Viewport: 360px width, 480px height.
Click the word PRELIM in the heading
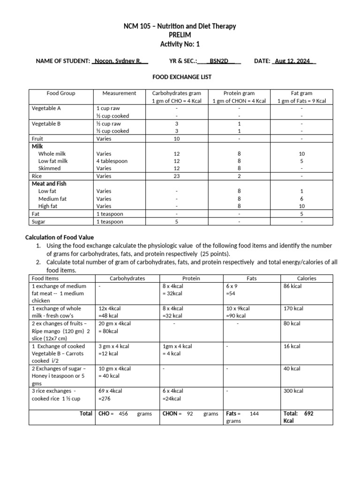(x=180, y=35)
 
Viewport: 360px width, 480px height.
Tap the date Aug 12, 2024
(x=292, y=61)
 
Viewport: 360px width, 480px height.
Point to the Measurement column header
(x=119, y=93)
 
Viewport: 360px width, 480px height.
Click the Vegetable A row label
(x=46, y=108)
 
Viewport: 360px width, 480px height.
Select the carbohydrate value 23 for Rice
(x=177, y=176)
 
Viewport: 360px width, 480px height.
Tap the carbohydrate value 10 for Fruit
(x=177, y=139)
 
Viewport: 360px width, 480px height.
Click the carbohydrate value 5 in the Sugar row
(x=177, y=222)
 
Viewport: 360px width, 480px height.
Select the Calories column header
(x=307, y=278)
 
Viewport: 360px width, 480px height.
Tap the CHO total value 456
(x=123, y=414)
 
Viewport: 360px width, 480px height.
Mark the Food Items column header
(x=45, y=278)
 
